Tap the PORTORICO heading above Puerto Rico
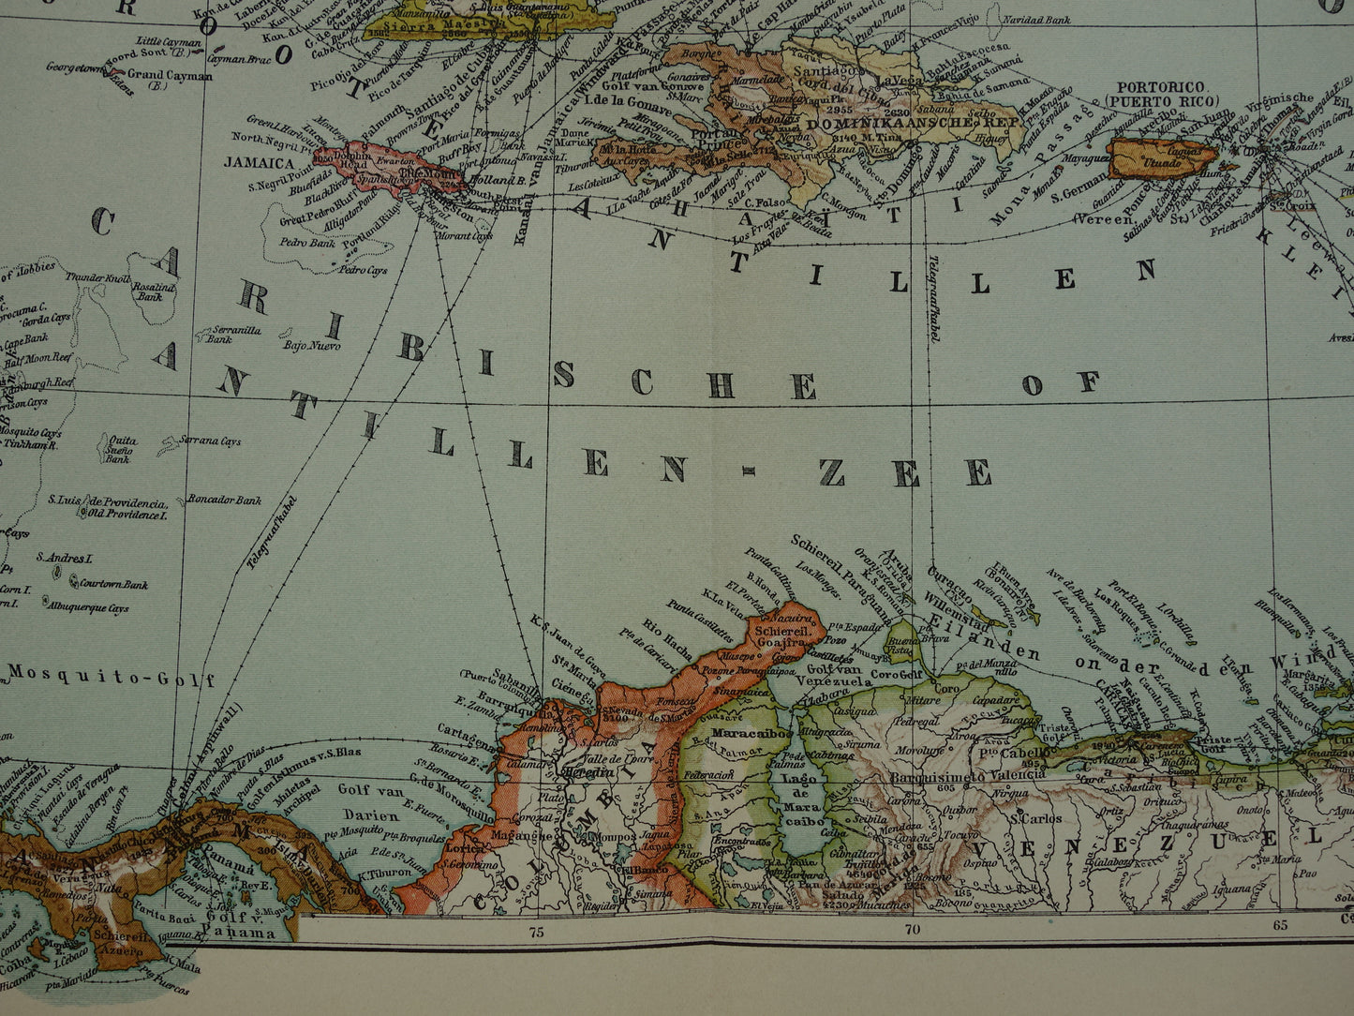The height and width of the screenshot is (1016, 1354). pos(1159,85)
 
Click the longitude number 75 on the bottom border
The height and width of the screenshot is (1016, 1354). pos(535,932)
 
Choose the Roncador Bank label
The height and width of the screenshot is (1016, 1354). pos(224,501)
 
